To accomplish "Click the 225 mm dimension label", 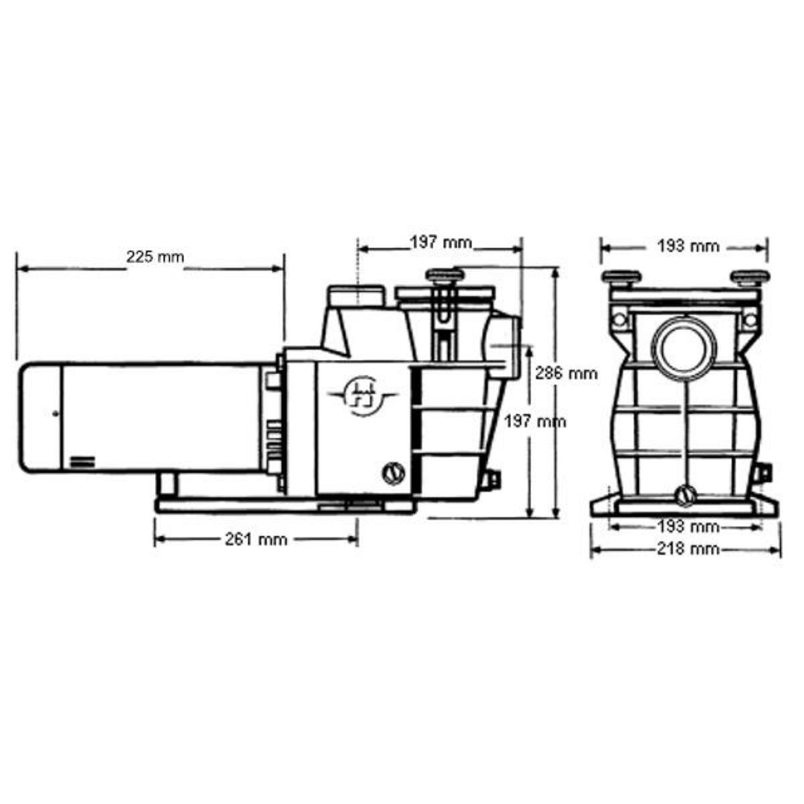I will click(154, 256).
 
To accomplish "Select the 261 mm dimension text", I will click(255, 539).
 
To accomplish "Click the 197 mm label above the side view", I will click(441, 243).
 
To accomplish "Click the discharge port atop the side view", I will click(356, 295).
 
